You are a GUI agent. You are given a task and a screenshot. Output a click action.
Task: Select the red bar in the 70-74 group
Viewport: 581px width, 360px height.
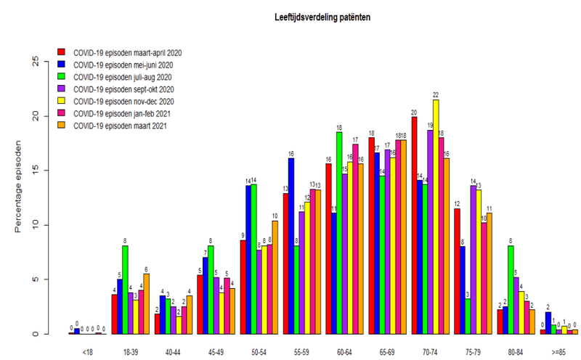click(x=414, y=225)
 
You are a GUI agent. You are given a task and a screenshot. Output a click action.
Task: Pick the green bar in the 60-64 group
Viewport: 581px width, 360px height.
click(x=339, y=233)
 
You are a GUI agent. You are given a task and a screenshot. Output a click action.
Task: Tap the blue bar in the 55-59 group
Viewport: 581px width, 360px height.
click(x=291, y=246)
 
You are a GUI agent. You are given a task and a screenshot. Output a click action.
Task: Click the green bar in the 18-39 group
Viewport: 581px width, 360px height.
click(x=126, y=290)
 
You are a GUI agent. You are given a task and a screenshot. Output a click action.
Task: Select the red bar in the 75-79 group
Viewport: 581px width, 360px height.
click(x=457, y=271)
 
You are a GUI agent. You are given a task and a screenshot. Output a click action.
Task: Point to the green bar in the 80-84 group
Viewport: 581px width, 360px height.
click(x=511, y=290)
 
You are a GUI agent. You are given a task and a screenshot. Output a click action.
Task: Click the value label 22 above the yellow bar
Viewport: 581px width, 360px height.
click(x=436, y=94)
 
